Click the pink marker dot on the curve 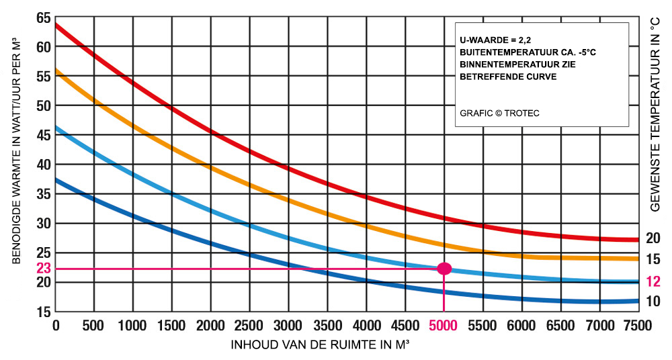[x=444, y=269]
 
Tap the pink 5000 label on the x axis [x=444, y=326]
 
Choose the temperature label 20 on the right [x=653, y=238]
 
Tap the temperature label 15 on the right [x=653, y=259]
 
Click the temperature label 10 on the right [x=653, y=302]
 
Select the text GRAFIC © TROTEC [x=499, y=113]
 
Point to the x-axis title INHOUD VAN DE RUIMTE [x=321, y=345]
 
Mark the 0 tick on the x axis [x=56, y=326]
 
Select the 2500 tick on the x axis [x=249, y=326]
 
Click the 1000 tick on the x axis [x=133, y=326]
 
